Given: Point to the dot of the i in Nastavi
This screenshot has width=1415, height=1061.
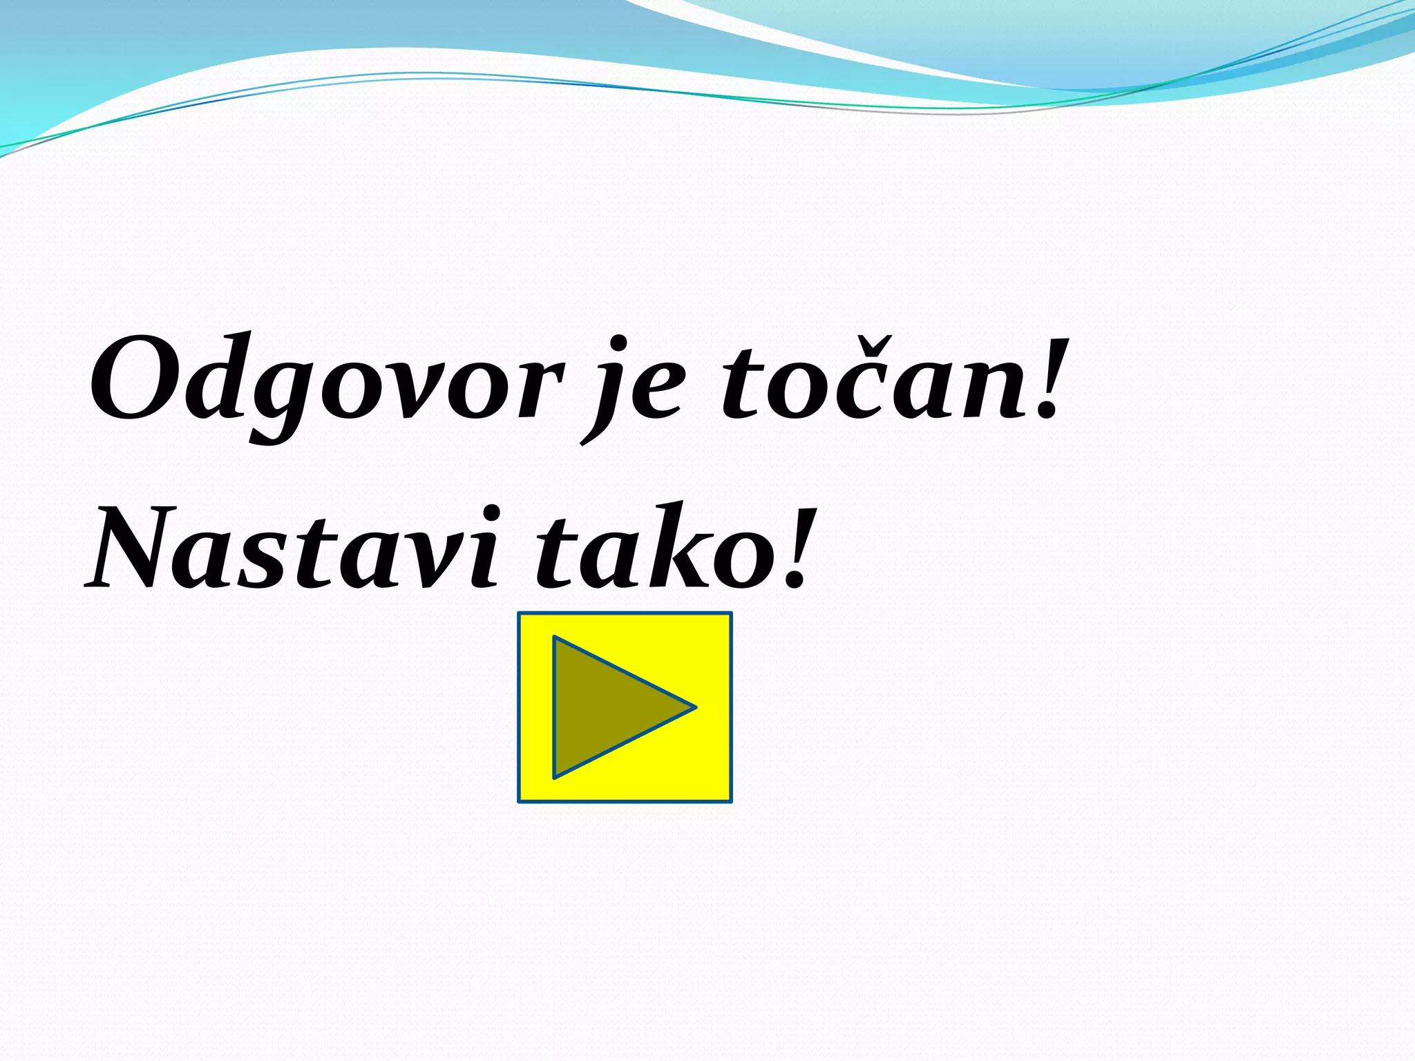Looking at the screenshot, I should (491, 513).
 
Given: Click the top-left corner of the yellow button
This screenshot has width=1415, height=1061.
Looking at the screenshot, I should (520, 614).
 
